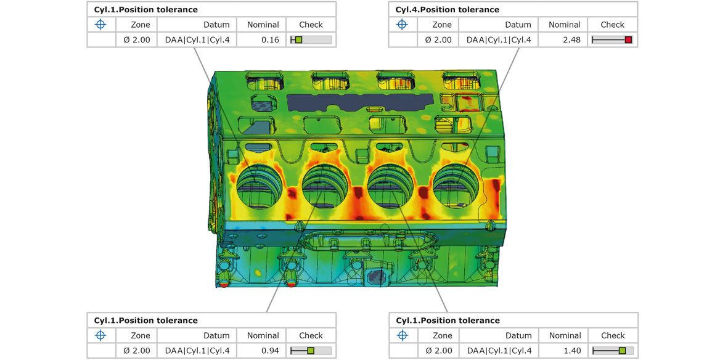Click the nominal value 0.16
[x=270, y=40]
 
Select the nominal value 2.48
[x=571, y=40]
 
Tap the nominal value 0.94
[x=270, y=351]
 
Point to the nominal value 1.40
[x=572, y=351]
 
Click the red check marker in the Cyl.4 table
[x=629, y=40]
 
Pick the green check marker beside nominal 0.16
[x=298, y=40]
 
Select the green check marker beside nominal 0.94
[x=311, y=351]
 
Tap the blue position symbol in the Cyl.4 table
[x=403, y=25]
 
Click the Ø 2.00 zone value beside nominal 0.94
[x=137, y=351]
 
